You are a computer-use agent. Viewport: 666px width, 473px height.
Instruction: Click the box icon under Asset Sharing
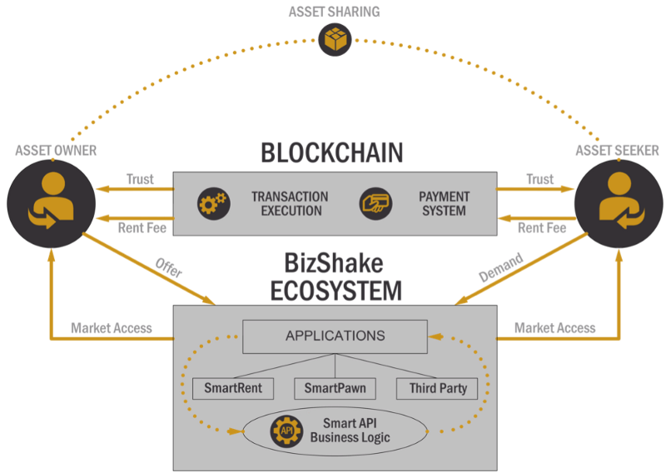tap(335, 39)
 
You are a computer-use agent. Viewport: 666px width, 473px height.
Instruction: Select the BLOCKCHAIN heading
tap(332, 153)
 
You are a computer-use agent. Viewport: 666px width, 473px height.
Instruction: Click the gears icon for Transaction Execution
tap(213, 204)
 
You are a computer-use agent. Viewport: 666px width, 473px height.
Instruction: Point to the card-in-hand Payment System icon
tap(376, 204)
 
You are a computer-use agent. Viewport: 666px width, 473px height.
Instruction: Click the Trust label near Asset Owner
tap(140, 179)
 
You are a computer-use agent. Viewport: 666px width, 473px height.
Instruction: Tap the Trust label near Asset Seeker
tap(539, 179)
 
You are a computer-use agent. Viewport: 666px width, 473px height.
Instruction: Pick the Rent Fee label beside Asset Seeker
tap(542, 227)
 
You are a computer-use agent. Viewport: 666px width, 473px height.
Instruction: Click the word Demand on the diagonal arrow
tap(501, 267)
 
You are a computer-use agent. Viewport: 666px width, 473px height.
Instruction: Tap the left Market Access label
tap(112, 327)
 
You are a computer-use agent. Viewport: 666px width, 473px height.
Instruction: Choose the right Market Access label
tap(555, 327)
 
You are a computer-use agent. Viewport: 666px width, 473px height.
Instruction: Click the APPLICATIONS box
tap(335, 336)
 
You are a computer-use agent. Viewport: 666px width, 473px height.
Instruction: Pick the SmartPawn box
tap(335, 388)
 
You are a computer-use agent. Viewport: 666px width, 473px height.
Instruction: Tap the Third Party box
tap(437, 388)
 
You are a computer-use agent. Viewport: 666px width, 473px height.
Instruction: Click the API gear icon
tap(286, 431)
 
